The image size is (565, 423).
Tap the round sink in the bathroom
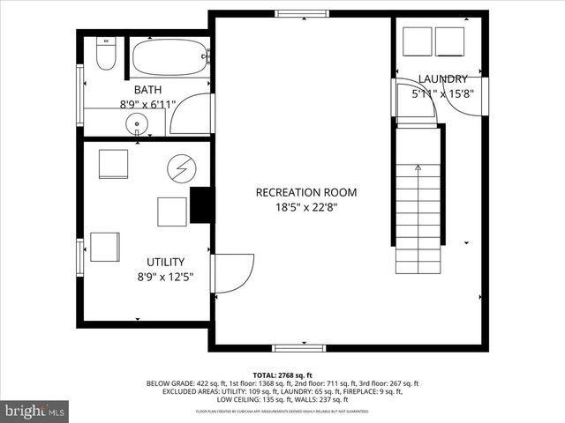tap(137, 123)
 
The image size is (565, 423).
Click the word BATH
tap(147, 90)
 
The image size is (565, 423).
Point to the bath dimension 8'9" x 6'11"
tap(147, 104)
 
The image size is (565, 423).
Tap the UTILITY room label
tap(165, 262)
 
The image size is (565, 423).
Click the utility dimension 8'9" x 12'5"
tap(165, 276)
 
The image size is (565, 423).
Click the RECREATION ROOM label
tap(306, 192)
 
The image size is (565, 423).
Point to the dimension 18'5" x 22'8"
tap(306, 207)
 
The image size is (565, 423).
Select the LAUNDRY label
tap(442, 78)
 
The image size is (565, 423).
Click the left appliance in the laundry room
tap(417, 41)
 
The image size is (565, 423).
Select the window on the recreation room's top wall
tap(300, 13)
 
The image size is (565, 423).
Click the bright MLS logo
tap(35, 411)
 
